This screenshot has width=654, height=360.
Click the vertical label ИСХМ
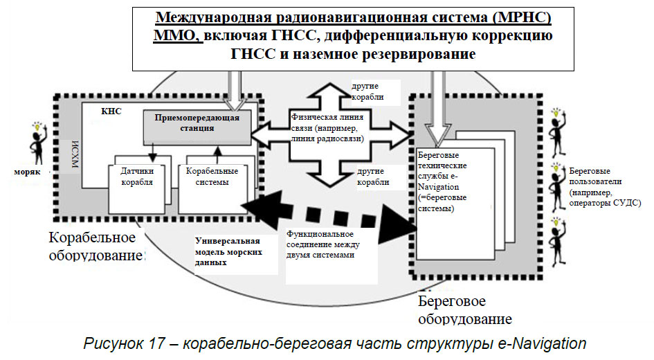75,156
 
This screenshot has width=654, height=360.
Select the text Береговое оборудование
462,310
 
